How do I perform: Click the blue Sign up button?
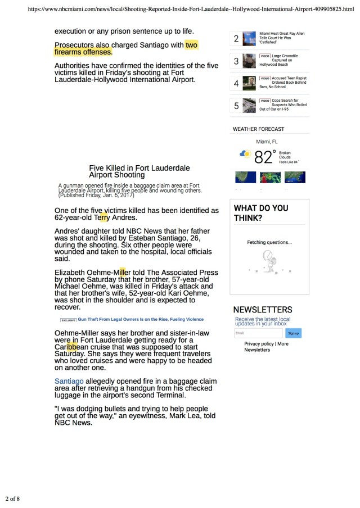click(x=293, y=333)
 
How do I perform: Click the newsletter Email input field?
click(x=258, y=333)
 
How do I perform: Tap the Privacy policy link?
click(x=259, y=343)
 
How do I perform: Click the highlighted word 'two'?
click(x=191, y=45)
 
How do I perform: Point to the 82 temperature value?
click(x=263, y=157)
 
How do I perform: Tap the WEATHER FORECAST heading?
click(x=258, y=129)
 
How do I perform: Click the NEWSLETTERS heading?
click(x=263, y=310)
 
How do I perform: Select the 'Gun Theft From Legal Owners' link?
click(x=140, y=319)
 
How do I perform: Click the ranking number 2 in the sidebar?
click(x=236, y=39)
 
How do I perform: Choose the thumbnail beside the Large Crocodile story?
click(x=249, y=61)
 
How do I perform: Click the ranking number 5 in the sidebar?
click(x=236, y=106)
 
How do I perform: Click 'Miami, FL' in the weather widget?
click(x=267, y=142)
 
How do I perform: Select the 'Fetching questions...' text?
click(x=269, y=243)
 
